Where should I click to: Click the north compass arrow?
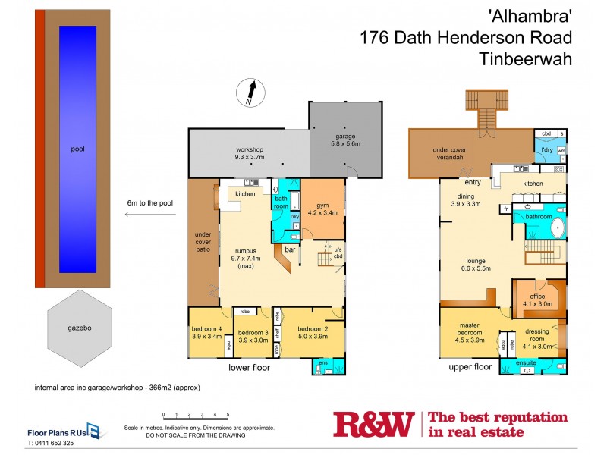tap(251, 94)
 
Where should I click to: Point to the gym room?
tap(322, 209)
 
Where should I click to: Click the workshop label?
tap(249, 152)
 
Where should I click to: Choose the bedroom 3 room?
tap(253, 337)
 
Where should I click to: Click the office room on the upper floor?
tap(538, 300)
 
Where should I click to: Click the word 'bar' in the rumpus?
tap(289, 248)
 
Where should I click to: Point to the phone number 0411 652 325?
tap(51, 442)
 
